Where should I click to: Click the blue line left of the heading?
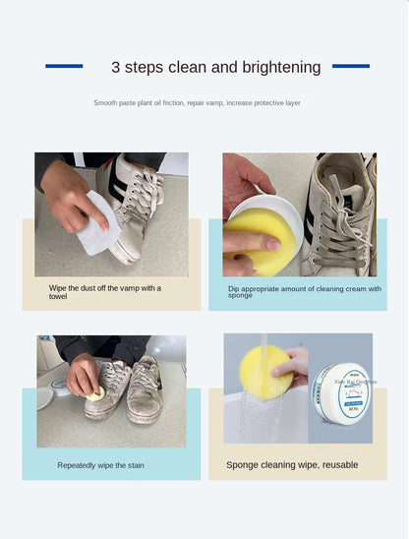[x=64, y=66]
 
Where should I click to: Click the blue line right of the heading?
[x=350, y=66]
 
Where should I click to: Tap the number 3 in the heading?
[x=115, y=68]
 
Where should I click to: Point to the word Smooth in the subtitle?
[x=105, y=102]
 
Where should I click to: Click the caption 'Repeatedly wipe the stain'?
[x=100, y=465]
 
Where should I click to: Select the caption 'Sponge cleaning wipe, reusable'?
[x=292, y=464]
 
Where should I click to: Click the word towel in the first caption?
[x=58, y=296]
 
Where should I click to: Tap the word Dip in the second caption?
[x=234, y=288]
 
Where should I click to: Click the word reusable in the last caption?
[x=335, y=464]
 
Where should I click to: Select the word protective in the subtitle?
[x=261, y=102]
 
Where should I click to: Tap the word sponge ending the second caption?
[x=240, y=296]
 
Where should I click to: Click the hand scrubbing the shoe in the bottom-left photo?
[x=83, y=376]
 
